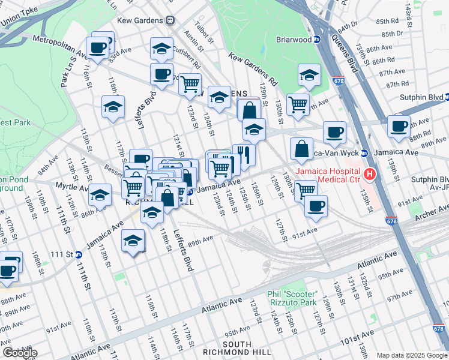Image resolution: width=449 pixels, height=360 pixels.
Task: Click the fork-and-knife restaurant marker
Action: point(244,155)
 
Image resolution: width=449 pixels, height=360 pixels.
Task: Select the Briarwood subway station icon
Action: point(318,40)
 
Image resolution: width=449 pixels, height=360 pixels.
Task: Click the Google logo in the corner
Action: point(20,353)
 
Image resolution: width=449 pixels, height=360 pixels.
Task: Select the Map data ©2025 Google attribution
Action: point(412,355)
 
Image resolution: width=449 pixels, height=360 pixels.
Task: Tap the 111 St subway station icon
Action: point(79,254)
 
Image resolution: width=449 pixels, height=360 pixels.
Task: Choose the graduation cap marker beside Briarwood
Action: point(309,75)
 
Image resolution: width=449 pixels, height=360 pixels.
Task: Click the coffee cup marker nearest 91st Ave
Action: point(316,206)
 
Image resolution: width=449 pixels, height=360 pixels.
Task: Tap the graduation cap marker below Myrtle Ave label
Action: point(100,195)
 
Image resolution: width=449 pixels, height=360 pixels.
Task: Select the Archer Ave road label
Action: point(436,210)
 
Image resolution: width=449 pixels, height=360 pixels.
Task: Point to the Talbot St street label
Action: point(201,31)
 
